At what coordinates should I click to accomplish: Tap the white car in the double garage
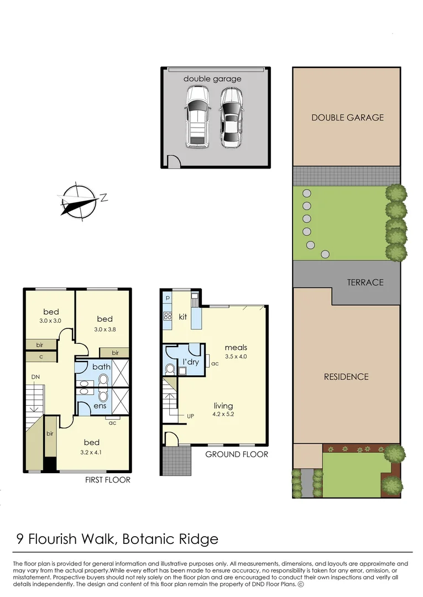coord(197,117)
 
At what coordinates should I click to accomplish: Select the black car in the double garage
coord(231,117)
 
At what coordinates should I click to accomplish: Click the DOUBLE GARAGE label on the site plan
coord(347,117)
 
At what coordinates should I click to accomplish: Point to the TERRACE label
coord(365,282)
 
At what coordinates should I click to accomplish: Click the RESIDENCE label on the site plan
coord(347,376)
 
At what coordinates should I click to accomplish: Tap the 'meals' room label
coord(236,347)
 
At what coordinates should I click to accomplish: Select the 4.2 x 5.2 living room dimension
coord(223,414)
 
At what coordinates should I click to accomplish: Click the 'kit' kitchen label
coord(183,317)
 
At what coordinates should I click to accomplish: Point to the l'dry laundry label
coord(191,362)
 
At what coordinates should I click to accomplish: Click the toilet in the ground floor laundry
coord(170,369)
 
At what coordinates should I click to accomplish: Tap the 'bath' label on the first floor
coord(101,366)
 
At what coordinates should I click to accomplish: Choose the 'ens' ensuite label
coord(100,406)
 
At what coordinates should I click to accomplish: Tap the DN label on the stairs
coord(35,376)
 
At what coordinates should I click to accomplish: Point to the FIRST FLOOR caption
coord(108,480)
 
